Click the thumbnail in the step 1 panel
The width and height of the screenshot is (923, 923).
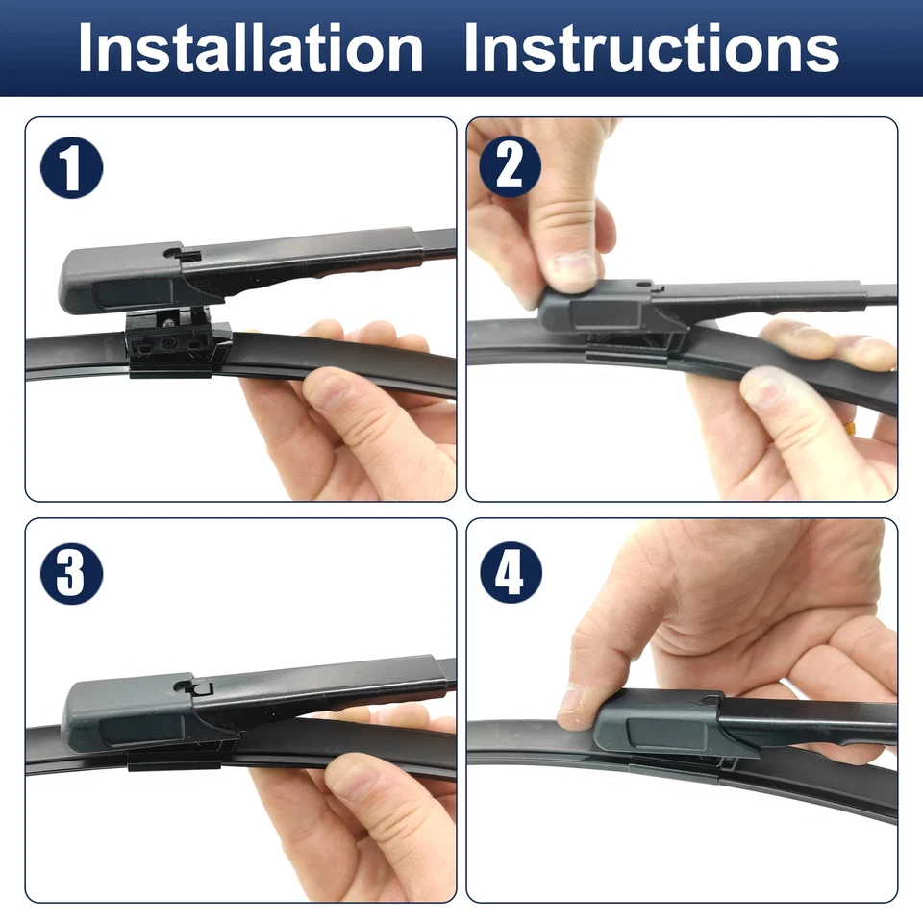click(x=326, y=388)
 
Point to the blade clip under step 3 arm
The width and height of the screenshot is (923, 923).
click(x=173, y=760)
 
